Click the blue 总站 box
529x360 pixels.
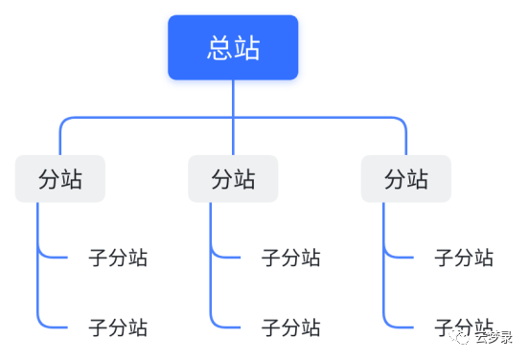(x=233, y=48)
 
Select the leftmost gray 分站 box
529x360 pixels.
(x=59, y=179)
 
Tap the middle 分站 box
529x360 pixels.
(x=233, y=179)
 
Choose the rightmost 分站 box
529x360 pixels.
(x=405, y=179)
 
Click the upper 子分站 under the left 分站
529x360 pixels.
(x=118, y=258)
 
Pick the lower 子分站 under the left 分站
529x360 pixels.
(x=118, y=327)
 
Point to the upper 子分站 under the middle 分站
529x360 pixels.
(x=291, y=258)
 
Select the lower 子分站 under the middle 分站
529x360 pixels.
(x=291, y=327)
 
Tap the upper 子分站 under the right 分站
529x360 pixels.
(x=464, y=258)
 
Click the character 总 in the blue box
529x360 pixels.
(x=219, y=48)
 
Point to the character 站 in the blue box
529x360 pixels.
(x=247, y=48)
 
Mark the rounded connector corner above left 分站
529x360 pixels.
(x=63, y=122)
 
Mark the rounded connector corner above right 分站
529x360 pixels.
(x=402, y=122)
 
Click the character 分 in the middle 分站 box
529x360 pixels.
(x=221, y=179)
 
